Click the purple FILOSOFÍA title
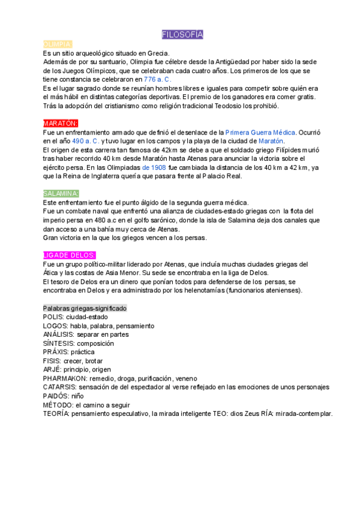(x=182, y=35)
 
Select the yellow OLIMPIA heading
(x=58, y=44)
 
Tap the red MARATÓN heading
(x=61, y=123)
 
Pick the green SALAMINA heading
(x=61, y=193)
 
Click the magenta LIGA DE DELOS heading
(x=65, y=255)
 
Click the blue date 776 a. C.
(x=157, y=79)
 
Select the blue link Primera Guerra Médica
(x=260, y=132)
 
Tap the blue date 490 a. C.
(x=85, y=141)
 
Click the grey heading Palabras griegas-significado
(x=85, y=308)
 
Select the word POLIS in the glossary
(x=53, y=316)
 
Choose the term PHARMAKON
(x=65, y=378)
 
